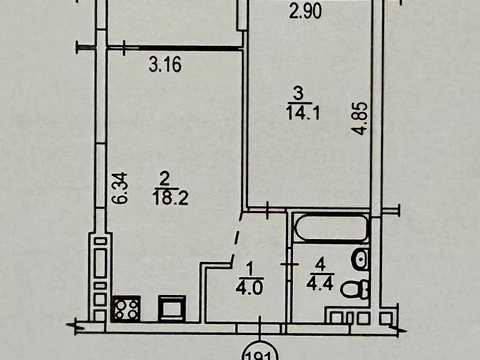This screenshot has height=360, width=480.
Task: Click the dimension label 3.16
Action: click(x=165, y=64)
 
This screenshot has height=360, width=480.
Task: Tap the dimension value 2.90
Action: click(x=305, y=11)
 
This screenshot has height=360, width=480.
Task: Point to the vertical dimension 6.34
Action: click(x=120, y=188)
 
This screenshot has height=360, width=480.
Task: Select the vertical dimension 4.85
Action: click(x=361, y=118)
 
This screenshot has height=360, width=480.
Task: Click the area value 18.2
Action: click(x=170, y=197)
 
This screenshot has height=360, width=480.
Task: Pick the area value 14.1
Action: click(x=303, y=113)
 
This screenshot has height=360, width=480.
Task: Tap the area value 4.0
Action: click(x=250, y=287)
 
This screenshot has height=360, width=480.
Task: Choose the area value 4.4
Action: click(x=320, y=284)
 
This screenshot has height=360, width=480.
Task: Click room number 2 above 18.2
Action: click(x=165, y=180)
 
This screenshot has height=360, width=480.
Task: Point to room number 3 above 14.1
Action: click(x=298, y=94)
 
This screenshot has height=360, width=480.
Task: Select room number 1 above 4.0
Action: click(x=250, y=269)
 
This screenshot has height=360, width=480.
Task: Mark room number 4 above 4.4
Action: click(x=320, y=265)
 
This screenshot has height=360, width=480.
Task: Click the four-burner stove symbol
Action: click(x=126, y=309)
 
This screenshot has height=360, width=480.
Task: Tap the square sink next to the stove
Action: click(x=172, y=308)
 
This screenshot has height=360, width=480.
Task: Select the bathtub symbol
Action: click(x=331, y=227)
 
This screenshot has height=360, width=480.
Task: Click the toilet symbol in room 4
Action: click(x=356, y=289)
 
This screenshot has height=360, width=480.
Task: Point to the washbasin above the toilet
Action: click(x=361, y=259)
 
